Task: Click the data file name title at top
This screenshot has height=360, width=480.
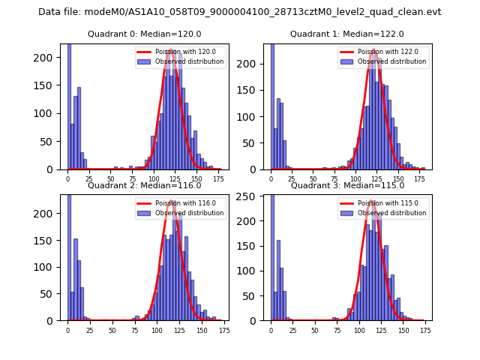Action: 239,12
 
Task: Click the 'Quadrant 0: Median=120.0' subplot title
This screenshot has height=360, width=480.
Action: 145,34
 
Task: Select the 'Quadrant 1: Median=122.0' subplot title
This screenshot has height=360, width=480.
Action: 347,34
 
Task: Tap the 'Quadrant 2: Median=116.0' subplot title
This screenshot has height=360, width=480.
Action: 144,185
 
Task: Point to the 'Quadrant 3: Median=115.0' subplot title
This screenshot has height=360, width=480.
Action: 347,185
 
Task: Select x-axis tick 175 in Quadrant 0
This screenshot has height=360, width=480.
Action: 218,179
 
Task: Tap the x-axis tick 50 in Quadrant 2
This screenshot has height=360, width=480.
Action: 112,330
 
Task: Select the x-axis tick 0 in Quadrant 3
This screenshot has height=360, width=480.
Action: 271,330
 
